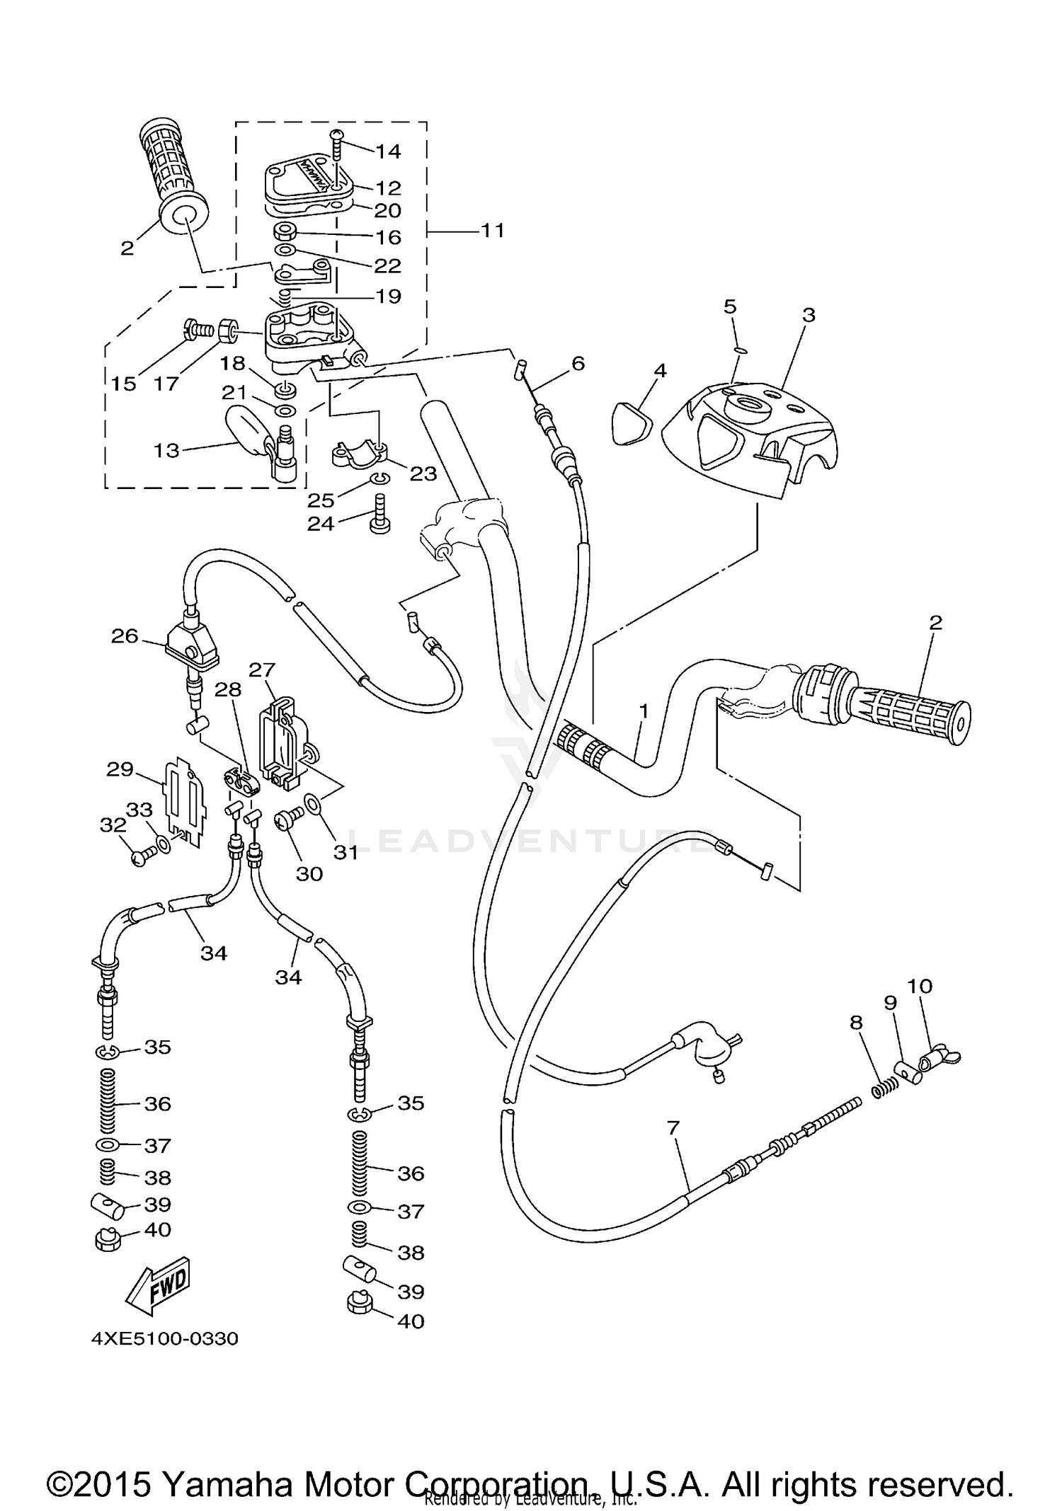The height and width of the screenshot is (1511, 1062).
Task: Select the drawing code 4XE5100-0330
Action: [x=164, y=1339]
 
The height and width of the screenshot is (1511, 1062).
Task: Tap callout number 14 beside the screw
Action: [x=387, y=151]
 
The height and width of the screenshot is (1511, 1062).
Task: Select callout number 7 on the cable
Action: [x=673, y=1127]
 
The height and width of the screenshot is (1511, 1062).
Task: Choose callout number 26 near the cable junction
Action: [x=125, y=636]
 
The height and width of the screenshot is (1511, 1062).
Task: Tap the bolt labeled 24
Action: [x=379, y=515]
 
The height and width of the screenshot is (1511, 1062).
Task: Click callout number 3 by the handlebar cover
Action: [x=809, y=315]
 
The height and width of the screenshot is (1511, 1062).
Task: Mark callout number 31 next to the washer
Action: [x=346, y=852]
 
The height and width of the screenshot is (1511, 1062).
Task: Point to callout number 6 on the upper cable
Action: [x=578, y=364]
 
